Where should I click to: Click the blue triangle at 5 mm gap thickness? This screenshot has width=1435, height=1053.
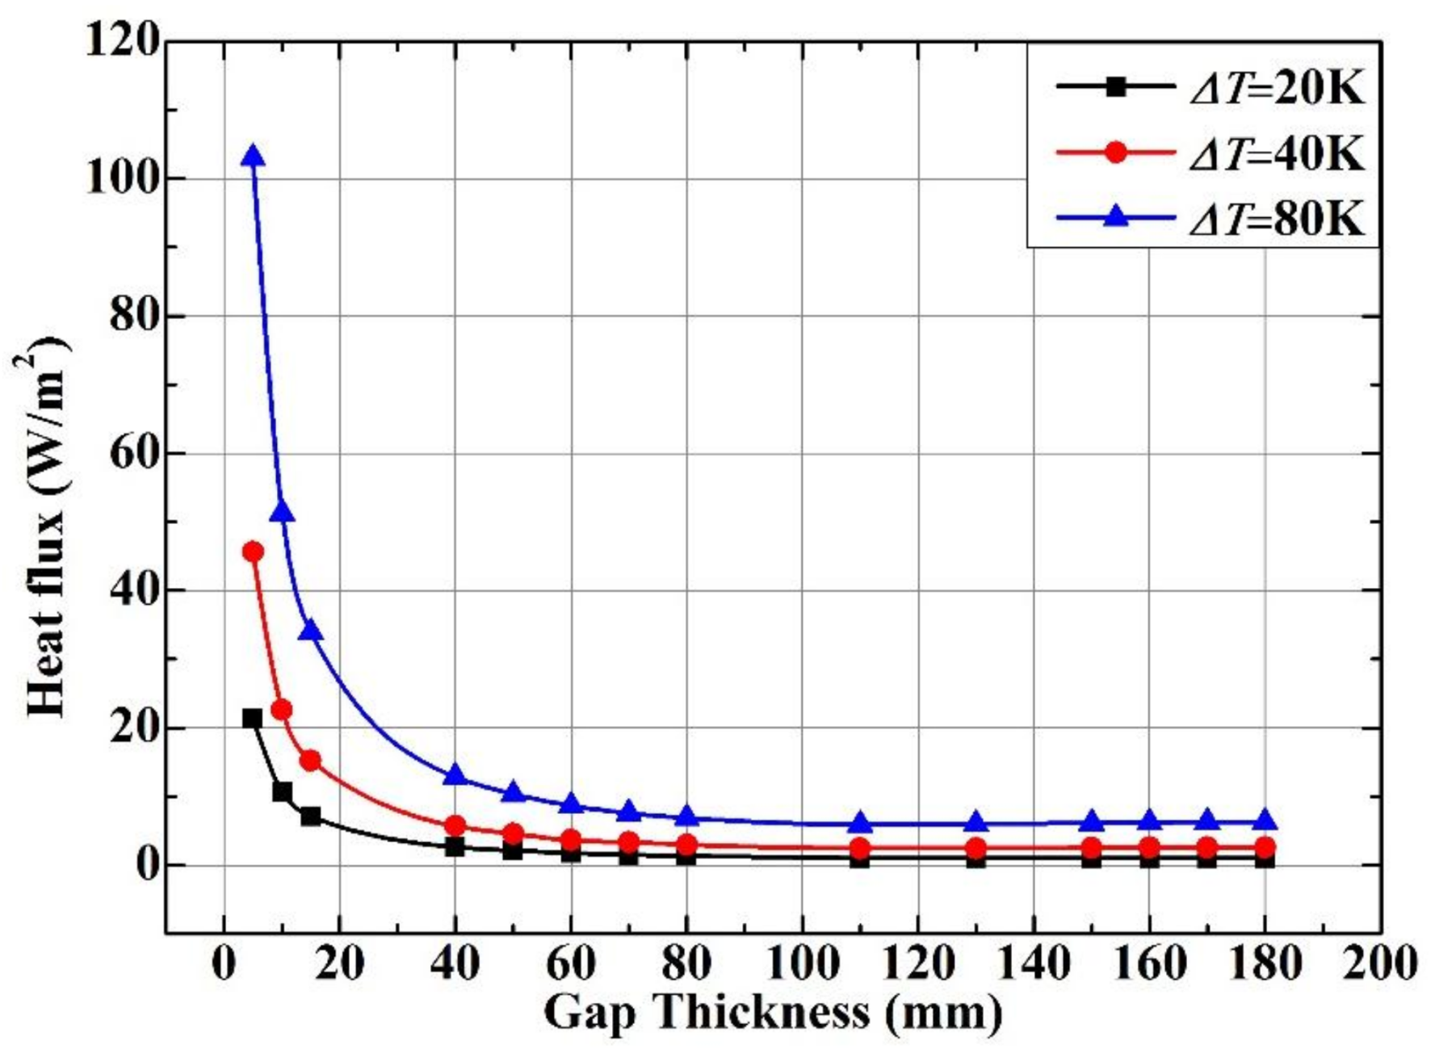[x=254, y=156]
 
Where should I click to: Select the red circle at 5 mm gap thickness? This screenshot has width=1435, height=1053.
[x=253, y=552]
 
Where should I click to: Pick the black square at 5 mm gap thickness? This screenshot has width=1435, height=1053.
[x=252, y=718]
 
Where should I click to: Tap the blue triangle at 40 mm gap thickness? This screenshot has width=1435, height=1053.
[x=455, y=775]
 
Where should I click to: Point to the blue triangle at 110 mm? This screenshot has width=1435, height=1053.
[x=860, y=823]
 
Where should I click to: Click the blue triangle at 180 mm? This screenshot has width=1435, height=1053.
[x=1265, y=820]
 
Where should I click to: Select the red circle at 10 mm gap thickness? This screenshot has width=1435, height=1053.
[x=282, y=710]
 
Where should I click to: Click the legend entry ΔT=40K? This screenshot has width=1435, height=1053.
[x=1276, y=153]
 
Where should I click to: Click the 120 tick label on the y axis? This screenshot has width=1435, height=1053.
[x=121, y=40]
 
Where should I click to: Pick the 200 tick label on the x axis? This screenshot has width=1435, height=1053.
[x=1380, y=963]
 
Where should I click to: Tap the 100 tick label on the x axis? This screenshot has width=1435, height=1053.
[x=802, y=963]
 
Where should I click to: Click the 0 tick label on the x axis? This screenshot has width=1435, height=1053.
[x=224, y=963]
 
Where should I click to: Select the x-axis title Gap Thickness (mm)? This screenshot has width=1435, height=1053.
[x=773, y=1012]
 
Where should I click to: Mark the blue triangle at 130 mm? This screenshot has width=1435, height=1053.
[x=976, y=823]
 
